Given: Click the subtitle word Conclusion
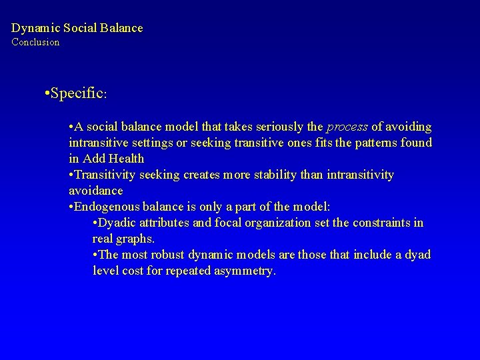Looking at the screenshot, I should coord(35,42).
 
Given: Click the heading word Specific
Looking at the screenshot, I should coord(74,93).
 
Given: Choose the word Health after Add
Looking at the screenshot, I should coord(127,159).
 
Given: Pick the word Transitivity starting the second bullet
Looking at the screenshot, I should coord(106,175).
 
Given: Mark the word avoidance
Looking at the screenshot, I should coord(96,191).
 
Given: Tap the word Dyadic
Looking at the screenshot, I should coord(119,223).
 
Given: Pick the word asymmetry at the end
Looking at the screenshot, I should coord(242,271).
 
